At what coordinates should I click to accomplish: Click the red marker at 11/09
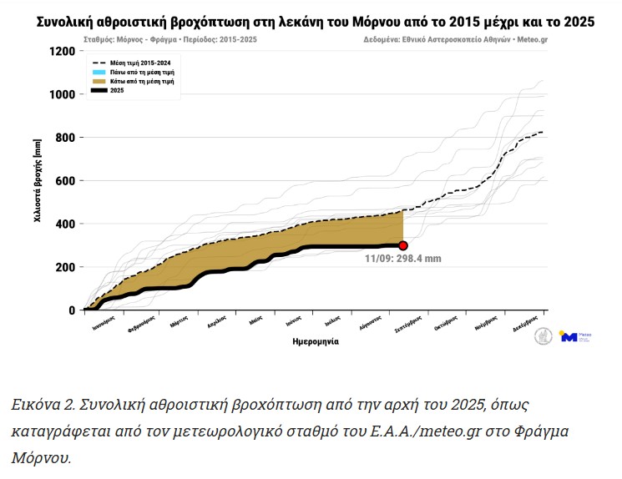click(x=403, y=245)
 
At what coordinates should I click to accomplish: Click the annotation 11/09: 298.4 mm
click(x=402, y=260)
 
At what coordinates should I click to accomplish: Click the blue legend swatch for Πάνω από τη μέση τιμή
click(x=99, y=73)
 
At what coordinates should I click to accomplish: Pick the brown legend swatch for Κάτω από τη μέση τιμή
click(x=99, y=81)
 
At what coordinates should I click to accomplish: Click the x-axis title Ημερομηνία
click(x=316, y=341)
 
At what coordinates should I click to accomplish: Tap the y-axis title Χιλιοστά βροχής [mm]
click(x=37, y=181)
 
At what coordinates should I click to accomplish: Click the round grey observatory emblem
click(x=544, y=336)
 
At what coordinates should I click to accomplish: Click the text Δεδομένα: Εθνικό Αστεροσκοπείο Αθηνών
click(x=448, y=39)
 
